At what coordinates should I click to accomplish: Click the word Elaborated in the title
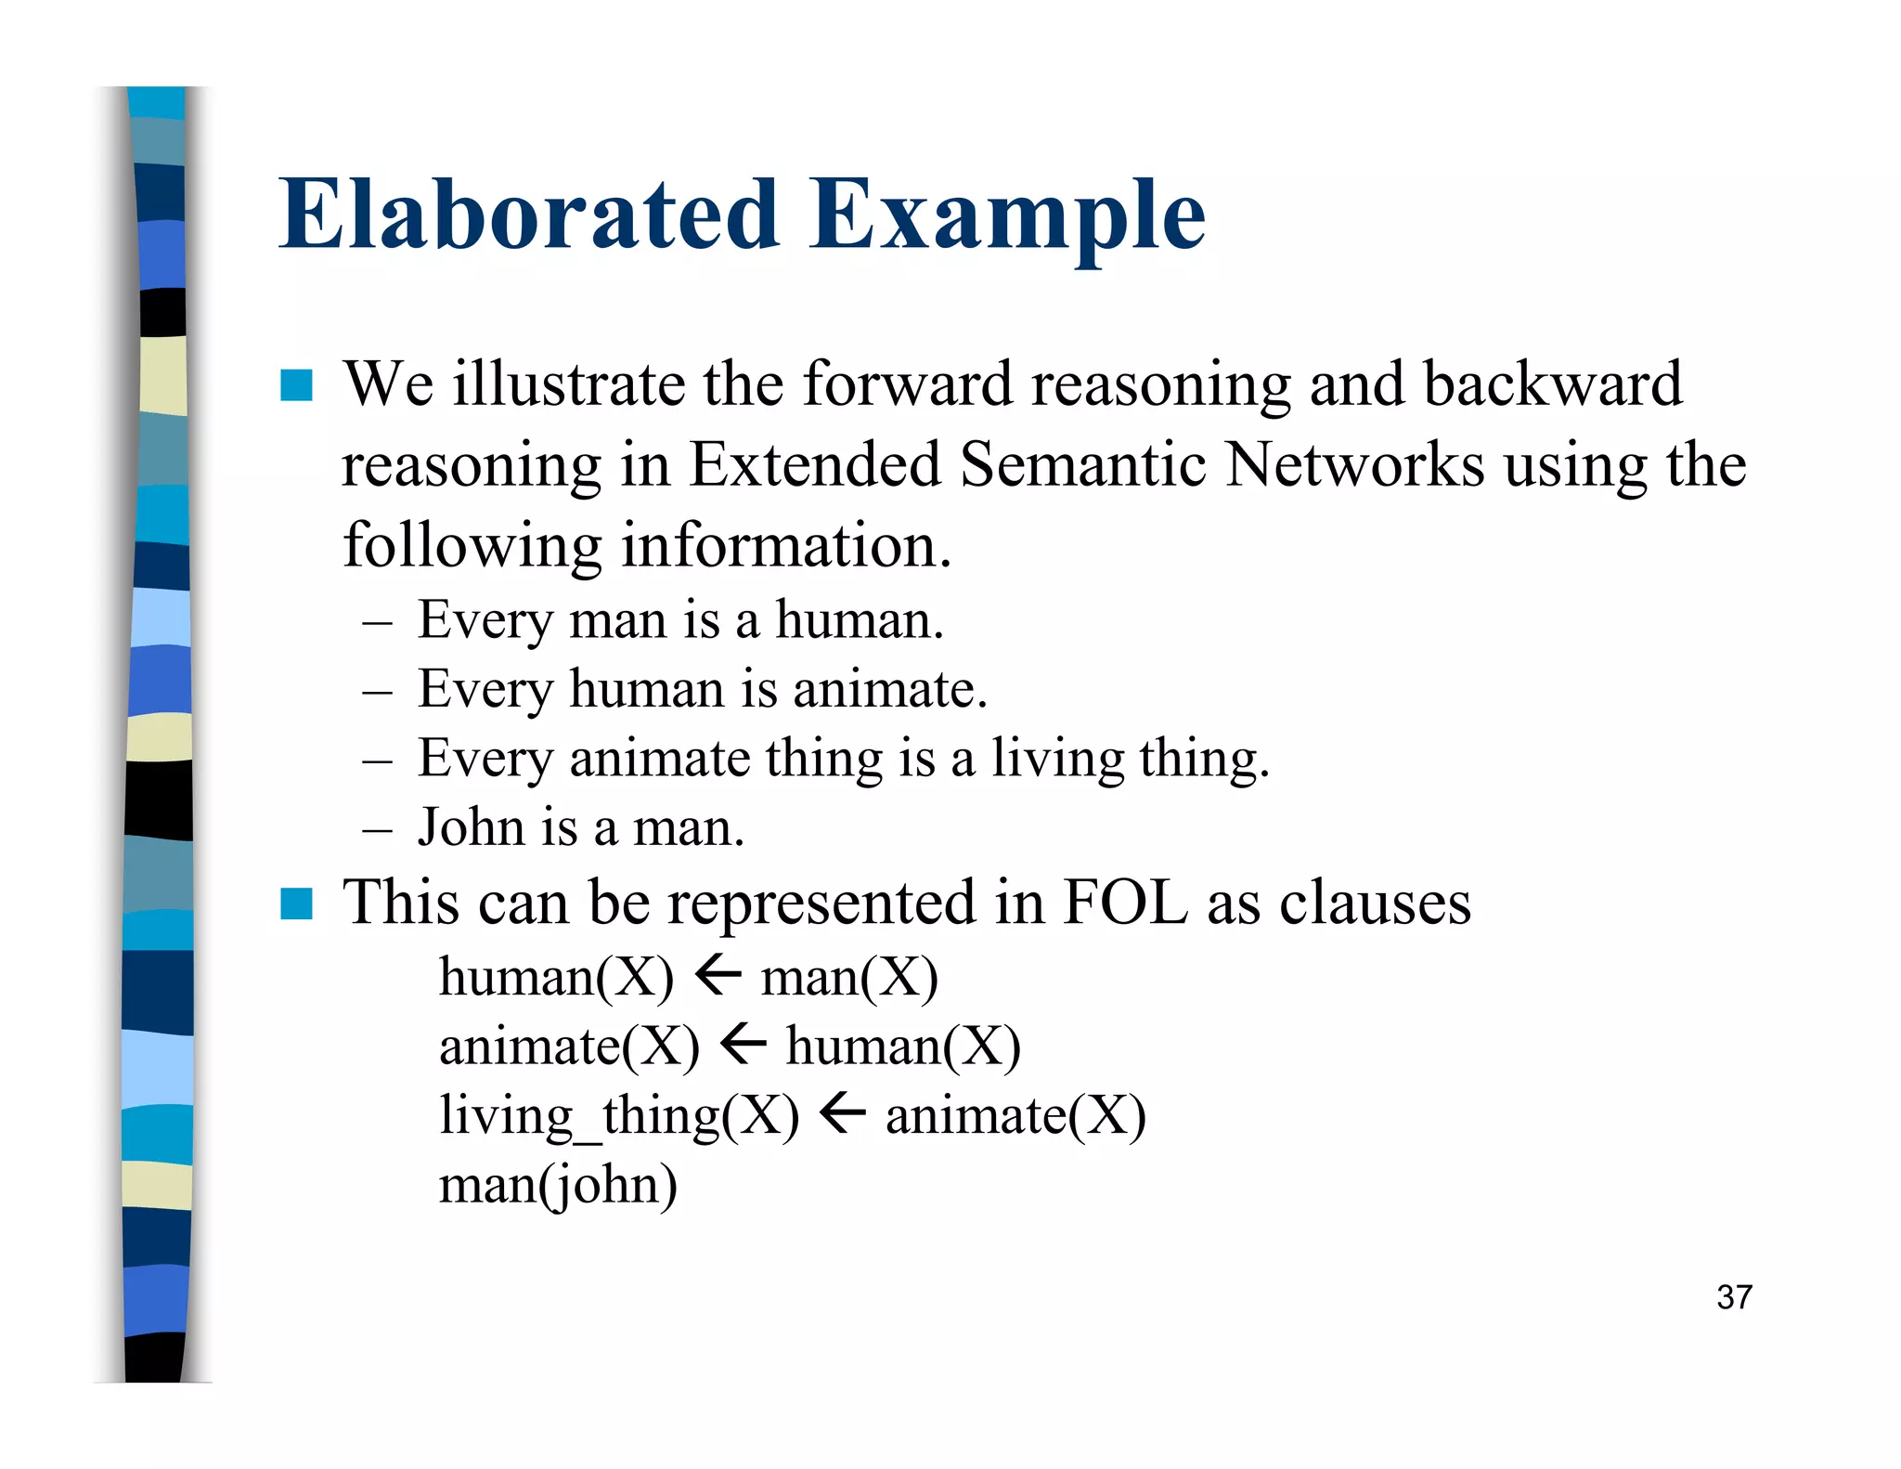[x=529, y=215]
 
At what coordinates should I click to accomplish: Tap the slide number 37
[x=1734, y=1297]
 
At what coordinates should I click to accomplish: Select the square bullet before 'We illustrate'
[x=296, y=385]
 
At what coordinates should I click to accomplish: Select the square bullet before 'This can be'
[x=296, y=903]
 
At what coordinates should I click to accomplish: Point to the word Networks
[x=1354, y=464]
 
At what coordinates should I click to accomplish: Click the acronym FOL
[x=1124, y=903]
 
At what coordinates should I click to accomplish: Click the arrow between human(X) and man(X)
[x=718, y=976]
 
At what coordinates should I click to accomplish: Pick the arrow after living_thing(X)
[x=843, y=1113]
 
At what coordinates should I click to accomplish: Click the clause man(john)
[x=558, y=1186]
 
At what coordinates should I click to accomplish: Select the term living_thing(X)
[x=618, y=1116]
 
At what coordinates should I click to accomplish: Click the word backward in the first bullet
[x=1552, y=383]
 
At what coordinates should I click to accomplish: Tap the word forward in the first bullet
[x=907, y=383]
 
